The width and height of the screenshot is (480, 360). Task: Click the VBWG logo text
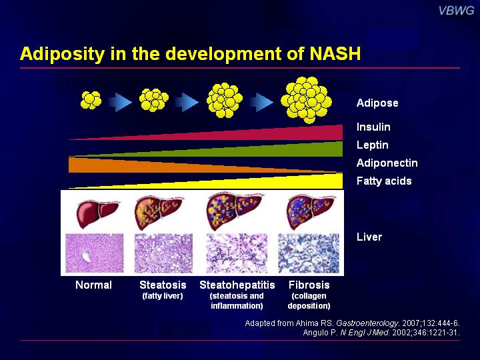(456, 11)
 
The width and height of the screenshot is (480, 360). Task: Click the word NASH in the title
(335, 53)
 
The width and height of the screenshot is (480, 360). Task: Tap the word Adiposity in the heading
(63, 54)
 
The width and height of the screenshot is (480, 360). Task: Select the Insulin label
(373, 127)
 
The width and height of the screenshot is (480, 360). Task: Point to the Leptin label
(373, 145)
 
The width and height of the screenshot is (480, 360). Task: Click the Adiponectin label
(387, 163)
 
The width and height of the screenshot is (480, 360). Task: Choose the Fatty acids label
(384, 181)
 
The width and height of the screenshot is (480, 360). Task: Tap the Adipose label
(377, 103)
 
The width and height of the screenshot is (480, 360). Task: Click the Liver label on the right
(369, 237)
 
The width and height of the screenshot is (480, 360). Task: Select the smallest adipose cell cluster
(91, 100)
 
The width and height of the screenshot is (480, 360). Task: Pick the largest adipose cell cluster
(306, 100)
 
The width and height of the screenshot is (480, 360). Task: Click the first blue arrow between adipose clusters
(120, 102)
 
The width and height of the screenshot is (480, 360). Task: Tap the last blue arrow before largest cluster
(261, 102)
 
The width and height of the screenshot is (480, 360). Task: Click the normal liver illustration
(97, 213)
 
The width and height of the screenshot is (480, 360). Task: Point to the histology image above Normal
(95, 253)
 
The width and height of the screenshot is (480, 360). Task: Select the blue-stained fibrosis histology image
(309, 253)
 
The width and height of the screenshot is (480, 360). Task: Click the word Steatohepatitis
(237, 285)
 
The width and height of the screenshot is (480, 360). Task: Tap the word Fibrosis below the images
(309, 285)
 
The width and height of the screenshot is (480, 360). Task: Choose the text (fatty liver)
(163, 296)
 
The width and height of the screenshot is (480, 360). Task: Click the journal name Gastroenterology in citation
(367, 323)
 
